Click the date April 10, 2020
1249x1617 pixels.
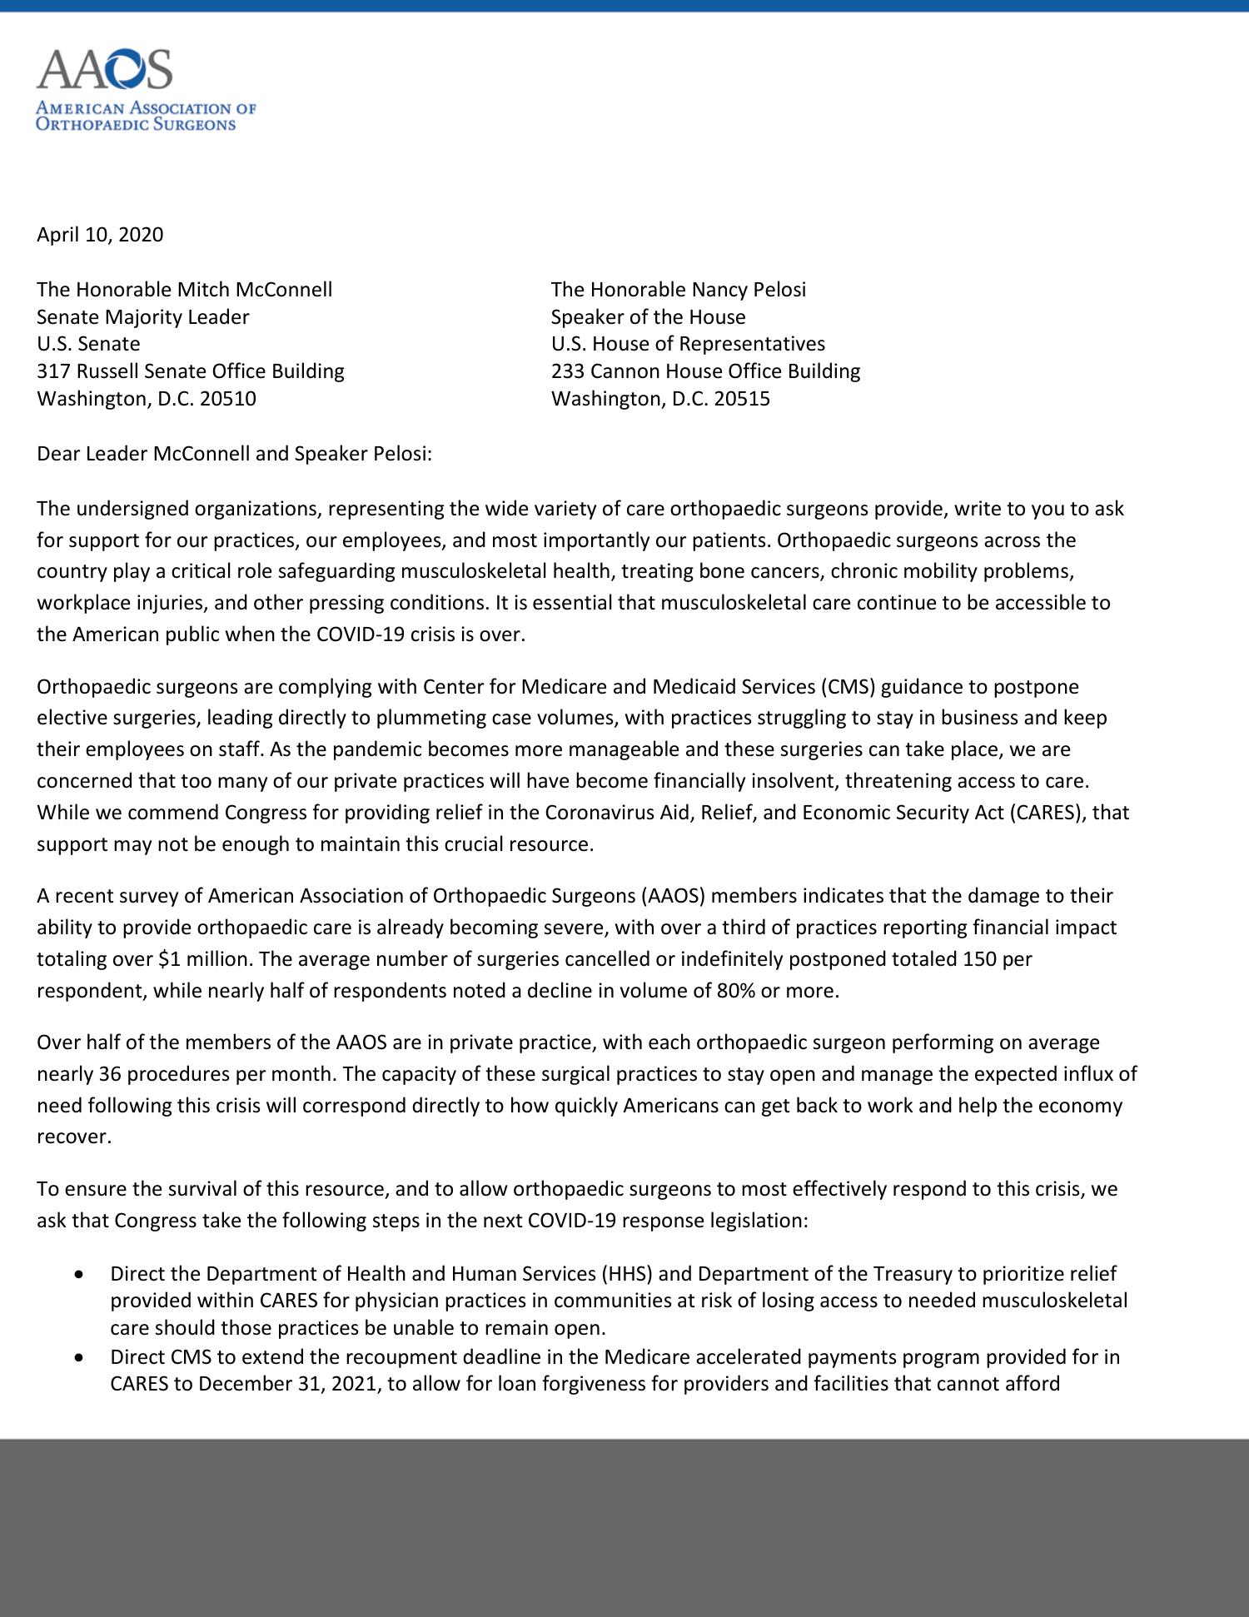(x=100, y=235)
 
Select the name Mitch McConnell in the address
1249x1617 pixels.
(x=254, y=290)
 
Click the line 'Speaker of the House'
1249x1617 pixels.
(x=648, y=317)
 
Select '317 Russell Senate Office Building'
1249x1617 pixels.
(x=190, y=371)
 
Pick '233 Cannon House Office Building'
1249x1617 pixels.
(x=705, y=371)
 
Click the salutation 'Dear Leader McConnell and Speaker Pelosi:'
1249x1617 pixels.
(x=234, y=455)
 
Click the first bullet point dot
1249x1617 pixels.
(x=79, y=1274)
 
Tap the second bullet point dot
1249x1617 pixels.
(x=79, y=1357)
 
